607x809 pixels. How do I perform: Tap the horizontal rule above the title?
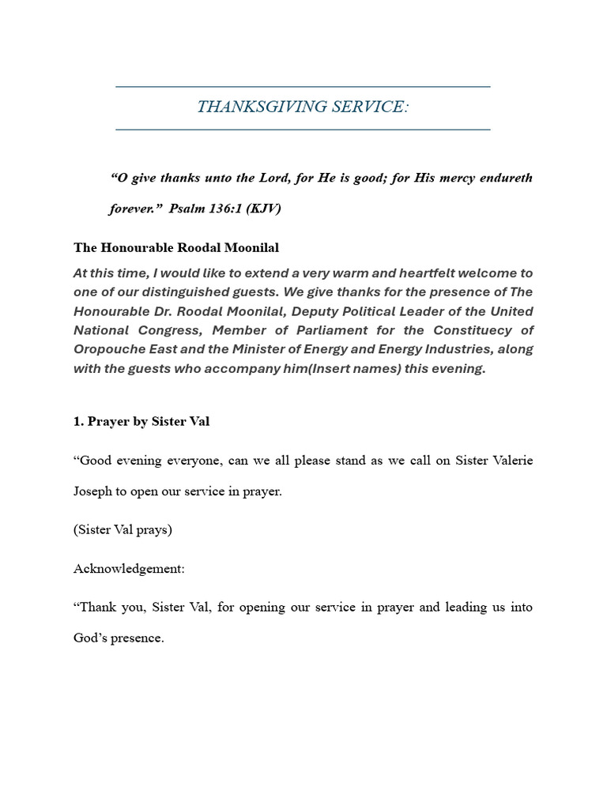(x=303, y=86)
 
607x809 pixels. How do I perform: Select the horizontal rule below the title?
(x=303, y=129)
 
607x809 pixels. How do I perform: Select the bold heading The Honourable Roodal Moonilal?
(x=176, y=247)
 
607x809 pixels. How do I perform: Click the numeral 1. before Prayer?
(x=78, y=421)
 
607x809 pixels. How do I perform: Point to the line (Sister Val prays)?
(x=123, y=529)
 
